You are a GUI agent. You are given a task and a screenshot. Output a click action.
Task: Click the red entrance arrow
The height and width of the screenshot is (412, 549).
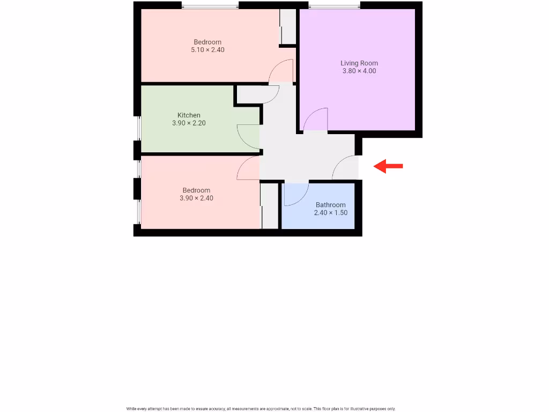pyautogui.click(x=388, y=166)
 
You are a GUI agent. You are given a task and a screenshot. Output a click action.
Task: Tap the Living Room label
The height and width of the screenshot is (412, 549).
pyautogui.click(x=359, y=63)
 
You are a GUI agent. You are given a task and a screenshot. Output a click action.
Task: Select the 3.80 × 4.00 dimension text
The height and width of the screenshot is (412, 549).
pyautogui.click(x=359, y=71)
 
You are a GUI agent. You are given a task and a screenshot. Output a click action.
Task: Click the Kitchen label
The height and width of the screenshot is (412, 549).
pyautogui.click(x=189, y=115)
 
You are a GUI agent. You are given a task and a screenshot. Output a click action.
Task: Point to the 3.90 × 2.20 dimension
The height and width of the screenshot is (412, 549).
pyautogui.click(x=189, y=123)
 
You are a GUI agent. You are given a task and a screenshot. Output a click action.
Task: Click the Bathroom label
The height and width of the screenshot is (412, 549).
pyautogui.click(x=330, y=205)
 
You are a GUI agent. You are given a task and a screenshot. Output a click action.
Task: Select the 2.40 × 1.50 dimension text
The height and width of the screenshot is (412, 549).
pyautogui.click(x=330, y=212)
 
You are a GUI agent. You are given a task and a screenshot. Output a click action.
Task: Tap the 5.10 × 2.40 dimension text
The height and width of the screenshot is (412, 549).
pyautogui.click(x=207, y=50)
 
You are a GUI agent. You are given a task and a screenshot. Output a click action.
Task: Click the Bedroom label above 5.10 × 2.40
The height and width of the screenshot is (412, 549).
pyautogui.click(x=207, y=42)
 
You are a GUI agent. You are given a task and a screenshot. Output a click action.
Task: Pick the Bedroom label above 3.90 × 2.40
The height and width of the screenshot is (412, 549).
pyautogui.click(x=196, y=190)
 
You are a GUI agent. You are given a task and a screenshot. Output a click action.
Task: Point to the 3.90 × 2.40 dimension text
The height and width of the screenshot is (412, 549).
pyautogui.click(x=196, y=198)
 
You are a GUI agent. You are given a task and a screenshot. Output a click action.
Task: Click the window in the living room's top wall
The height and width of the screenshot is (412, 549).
pyautogui.click(x=334, y=6)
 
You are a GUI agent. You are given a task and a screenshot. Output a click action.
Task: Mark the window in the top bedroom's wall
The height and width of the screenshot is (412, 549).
pyautogui.click(x=210, y=6)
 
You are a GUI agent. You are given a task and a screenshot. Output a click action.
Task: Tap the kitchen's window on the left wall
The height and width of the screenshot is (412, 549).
pyautogui.click(x=137, y=129)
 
